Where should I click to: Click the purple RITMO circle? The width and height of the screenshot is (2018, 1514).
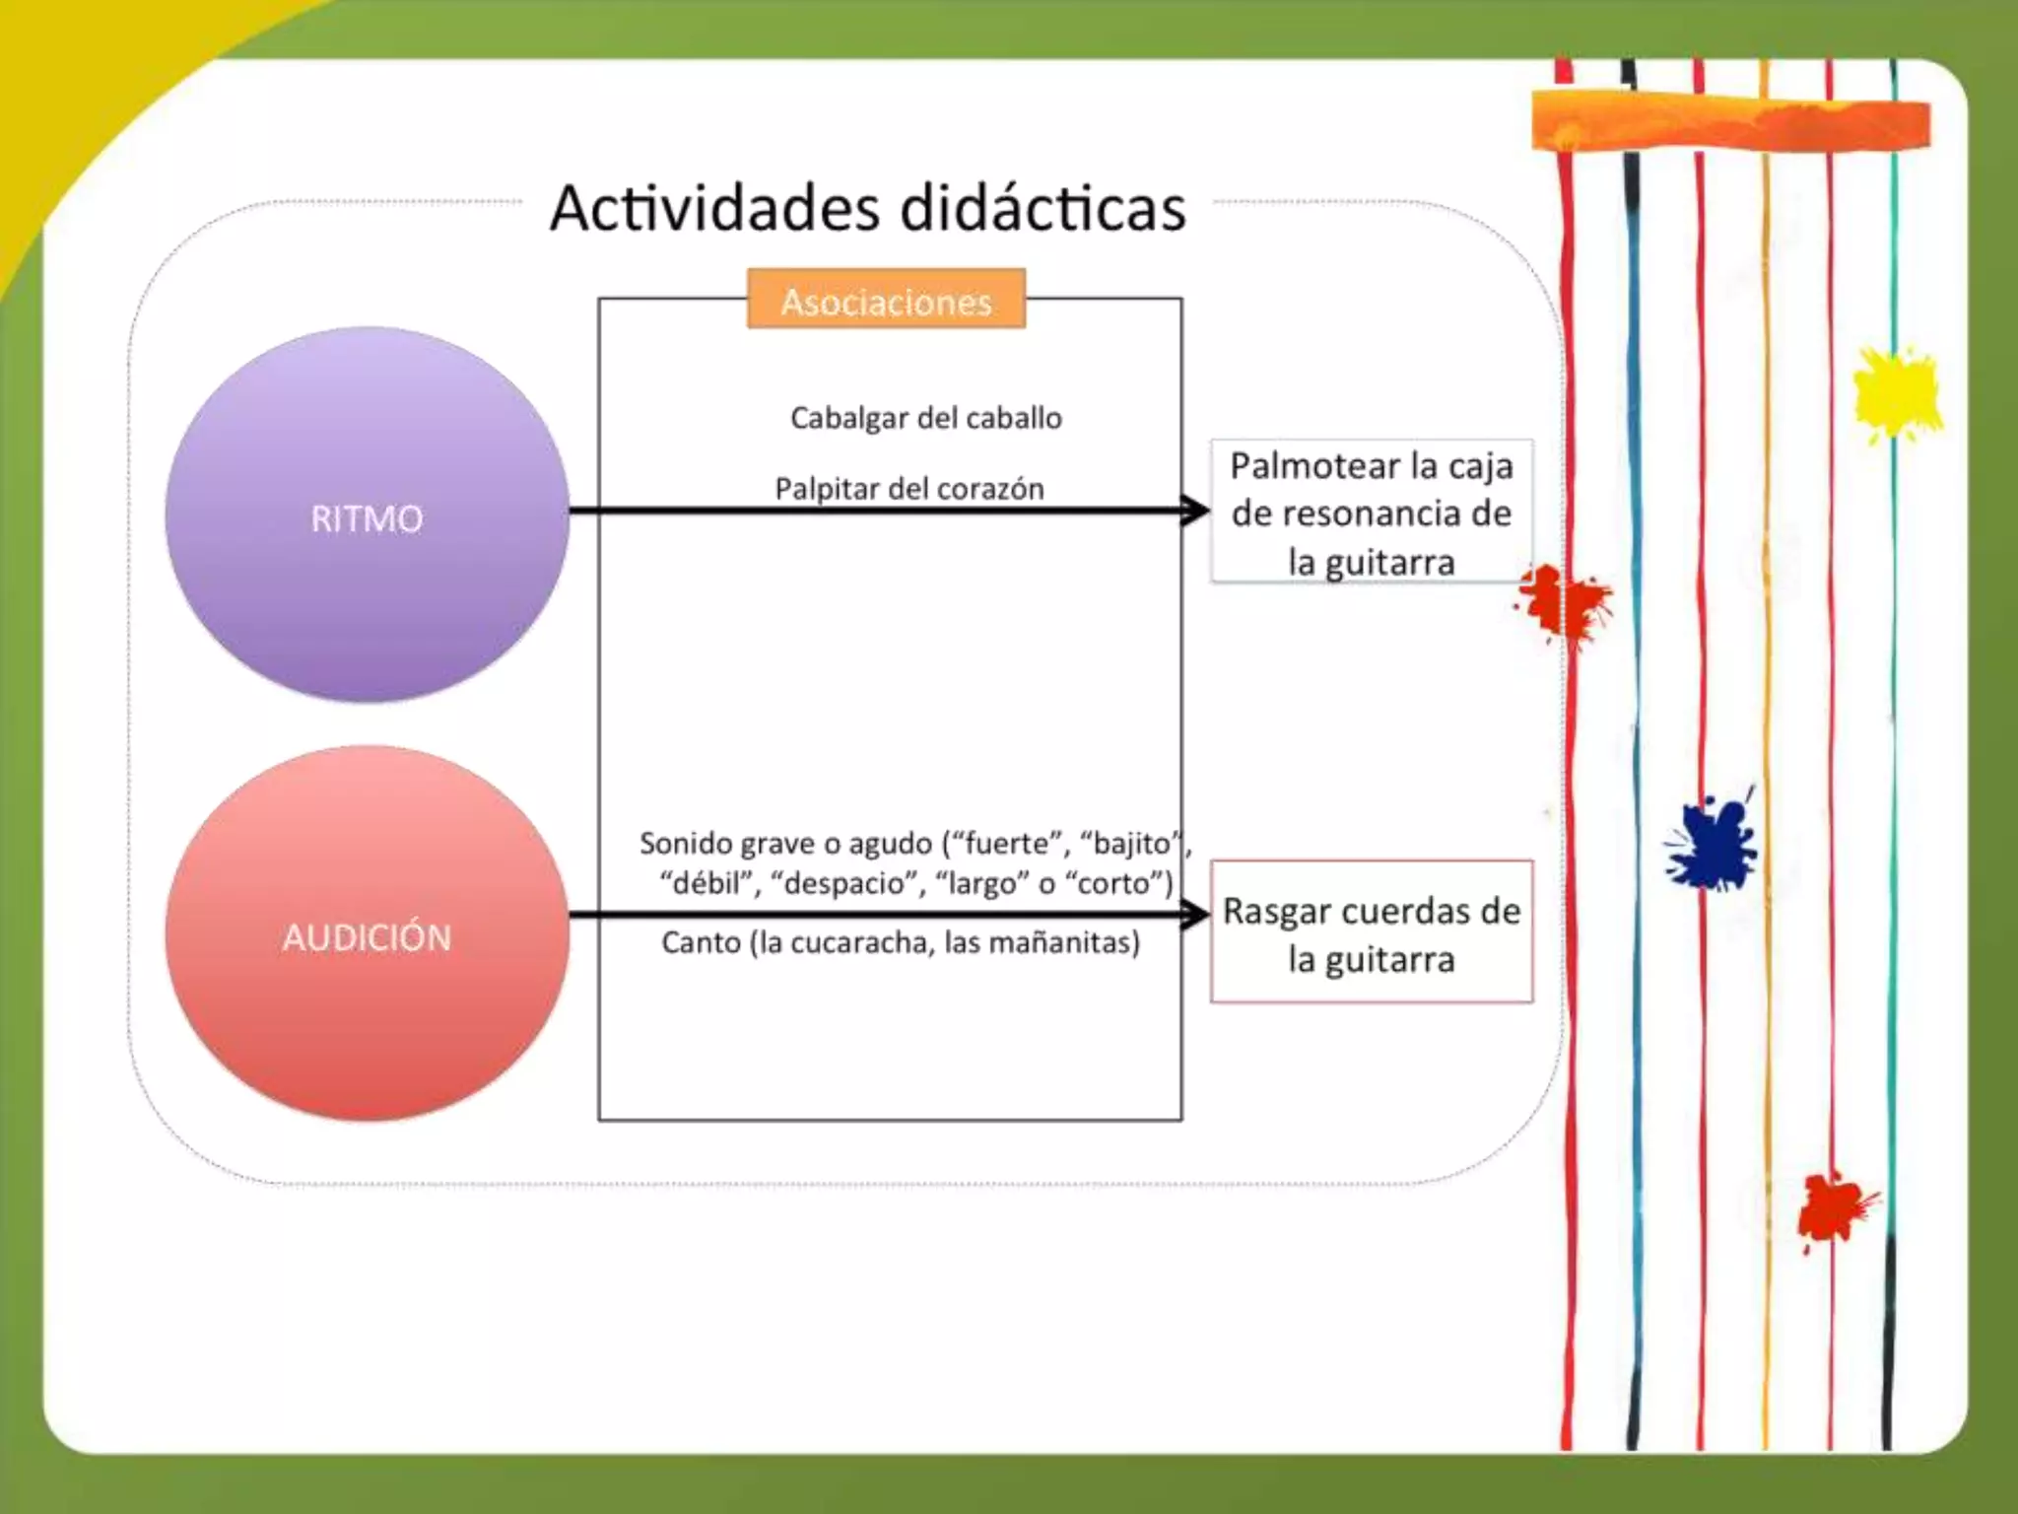(367, 515)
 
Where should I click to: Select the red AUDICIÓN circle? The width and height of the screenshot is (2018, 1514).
(367, 933)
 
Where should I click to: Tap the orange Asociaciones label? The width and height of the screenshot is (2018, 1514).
(886, 300)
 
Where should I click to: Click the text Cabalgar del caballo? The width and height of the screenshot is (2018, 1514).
(925, 418)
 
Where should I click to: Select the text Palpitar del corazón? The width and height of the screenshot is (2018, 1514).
(908, 488)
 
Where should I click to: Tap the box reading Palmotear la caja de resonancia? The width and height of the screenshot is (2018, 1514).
(1371, 513)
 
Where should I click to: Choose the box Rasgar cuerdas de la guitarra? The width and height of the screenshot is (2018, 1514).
(1371, 932)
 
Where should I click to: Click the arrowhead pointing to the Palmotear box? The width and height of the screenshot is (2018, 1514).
(1195, 510)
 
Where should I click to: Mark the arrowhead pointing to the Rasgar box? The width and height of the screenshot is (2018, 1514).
(1195, 914)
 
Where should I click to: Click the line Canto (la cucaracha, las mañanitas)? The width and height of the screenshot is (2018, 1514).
(900, 942)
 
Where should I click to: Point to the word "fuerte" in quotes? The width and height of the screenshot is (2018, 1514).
(1006, 844)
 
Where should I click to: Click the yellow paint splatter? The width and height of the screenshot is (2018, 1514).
(1895, 393)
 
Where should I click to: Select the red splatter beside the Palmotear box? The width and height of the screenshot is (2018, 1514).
(1562, 601)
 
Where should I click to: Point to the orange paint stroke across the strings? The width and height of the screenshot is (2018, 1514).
(1729, 121)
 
